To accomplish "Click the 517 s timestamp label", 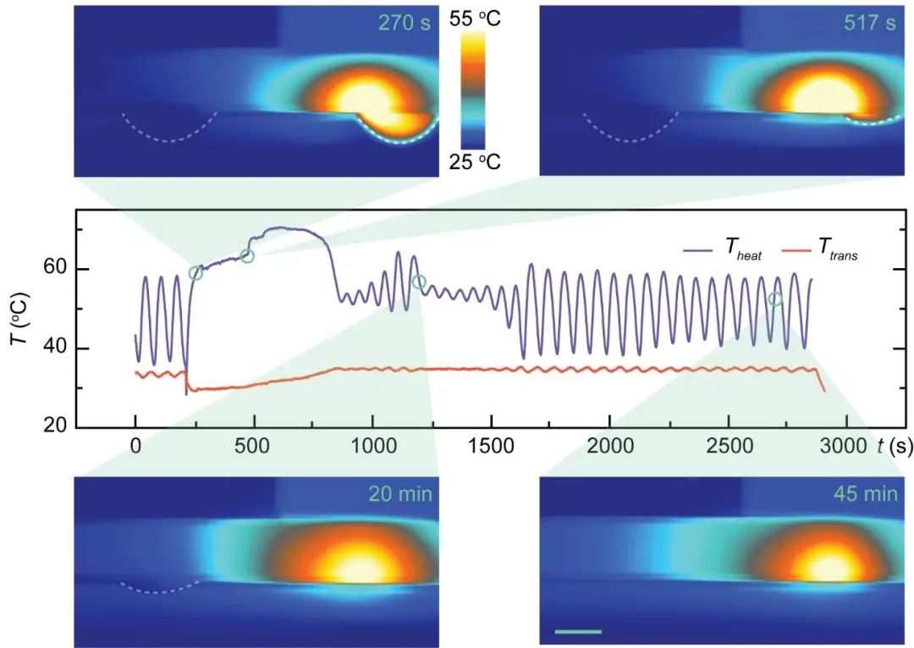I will click(869, 23).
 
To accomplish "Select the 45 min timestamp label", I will click(867, 493).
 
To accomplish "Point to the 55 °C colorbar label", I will click(477, 18).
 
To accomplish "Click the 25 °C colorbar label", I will click(477, 161).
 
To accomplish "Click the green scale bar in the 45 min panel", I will click(579, 631).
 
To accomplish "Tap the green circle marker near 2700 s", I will click(775, 299).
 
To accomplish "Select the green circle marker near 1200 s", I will click(418, 282).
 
